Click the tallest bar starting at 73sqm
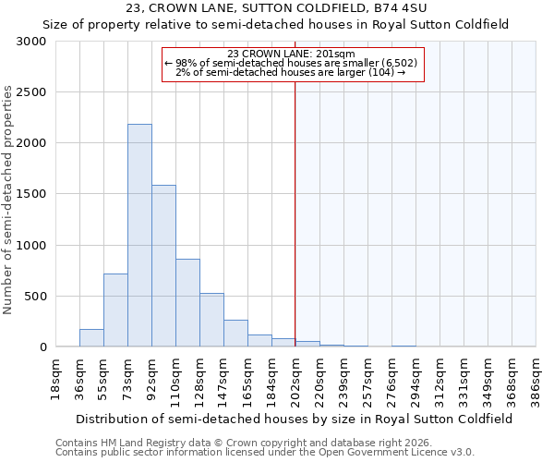click(x=139, y=236)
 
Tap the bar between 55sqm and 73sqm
click(x=115, y=310)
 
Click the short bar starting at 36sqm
click(x=91, y=338)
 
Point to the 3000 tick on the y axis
click(x=35, y=42)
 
